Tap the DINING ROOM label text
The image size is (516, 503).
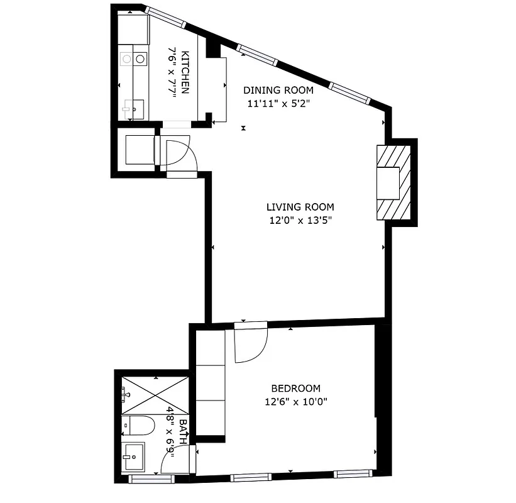click(278, 90)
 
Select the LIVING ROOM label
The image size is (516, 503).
click(300, 206)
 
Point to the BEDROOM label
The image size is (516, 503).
click(295, 388)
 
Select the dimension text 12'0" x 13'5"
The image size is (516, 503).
click(300, 220)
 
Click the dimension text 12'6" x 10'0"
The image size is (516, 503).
click(295, 401)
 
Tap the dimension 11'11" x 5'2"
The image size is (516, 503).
click(278, 103)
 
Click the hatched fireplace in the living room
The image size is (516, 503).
click(393, 182)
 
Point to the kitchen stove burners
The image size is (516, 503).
click(133, 59)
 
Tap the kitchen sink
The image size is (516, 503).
click(133, 109)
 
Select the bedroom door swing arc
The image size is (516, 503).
click(251, 345)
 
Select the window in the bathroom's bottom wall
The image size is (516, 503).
click(151, 479)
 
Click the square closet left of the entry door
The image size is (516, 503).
click(137, 150)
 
